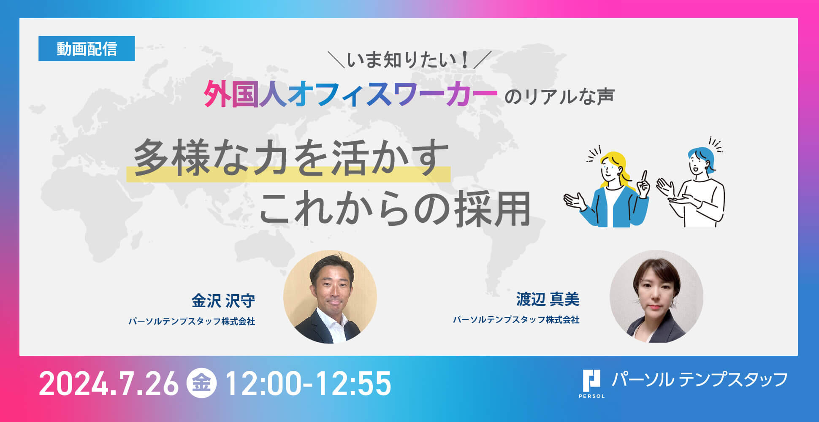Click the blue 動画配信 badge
[87, 49]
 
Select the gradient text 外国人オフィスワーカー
[350, 95]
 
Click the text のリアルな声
[559, 96]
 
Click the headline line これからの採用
[395, 208]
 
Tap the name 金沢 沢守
[223, 301]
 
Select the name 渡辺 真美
[548, 299]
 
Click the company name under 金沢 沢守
[192, 322]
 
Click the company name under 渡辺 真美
[516, 320]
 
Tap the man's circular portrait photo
[330, 297]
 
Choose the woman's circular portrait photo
[656, 296]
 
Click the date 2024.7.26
[109, 384]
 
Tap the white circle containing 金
[202, 384]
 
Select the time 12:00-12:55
[309, 384]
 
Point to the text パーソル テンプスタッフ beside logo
[700, 379]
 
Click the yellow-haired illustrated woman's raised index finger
[644, 176]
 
